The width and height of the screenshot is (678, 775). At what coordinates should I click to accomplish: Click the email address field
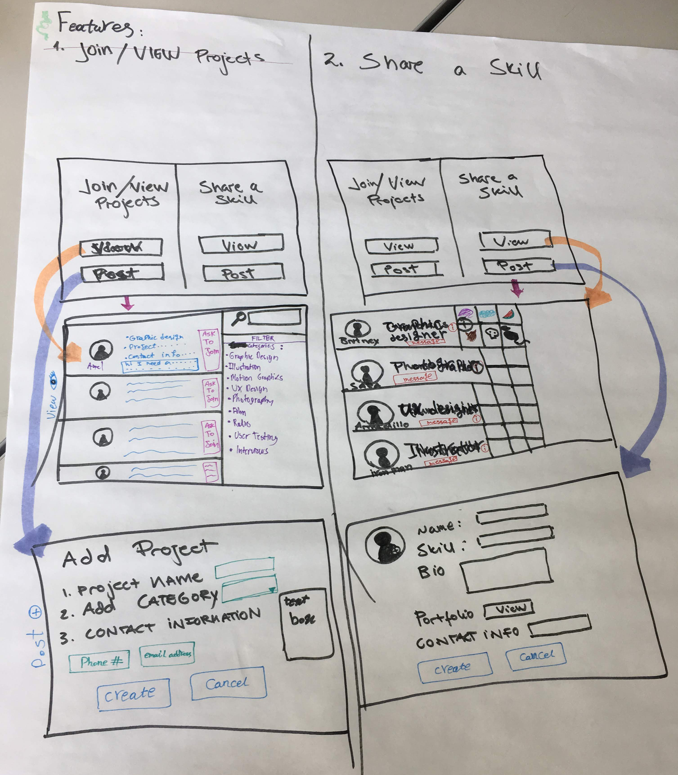167,654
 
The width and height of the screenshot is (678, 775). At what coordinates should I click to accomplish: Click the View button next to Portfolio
509,610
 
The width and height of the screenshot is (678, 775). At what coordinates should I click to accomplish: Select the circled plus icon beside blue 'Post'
36,612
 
